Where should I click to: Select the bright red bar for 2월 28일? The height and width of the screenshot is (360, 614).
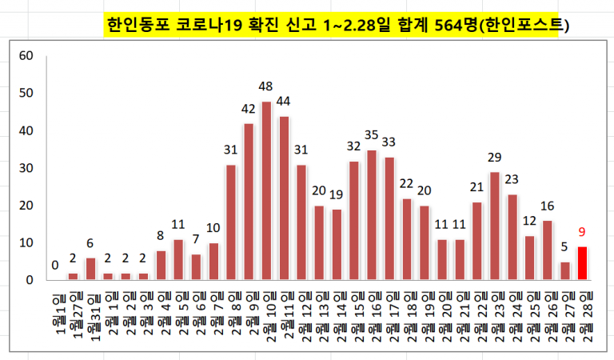[x=582, y=263]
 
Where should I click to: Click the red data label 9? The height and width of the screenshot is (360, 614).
[x=582, y=232]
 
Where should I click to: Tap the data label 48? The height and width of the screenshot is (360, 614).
[x=266, y=86]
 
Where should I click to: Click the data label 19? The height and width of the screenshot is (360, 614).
[x=337, y=194]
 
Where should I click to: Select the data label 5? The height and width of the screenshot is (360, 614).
[x=564, y=247]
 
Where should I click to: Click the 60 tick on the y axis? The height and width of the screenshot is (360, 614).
[x=26, y=56]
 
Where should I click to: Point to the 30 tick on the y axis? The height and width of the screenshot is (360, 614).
[x=26, y=168]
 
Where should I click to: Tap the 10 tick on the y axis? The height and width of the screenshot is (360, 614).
[x=26, y=242]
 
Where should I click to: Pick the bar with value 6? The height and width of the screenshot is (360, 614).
[x=90, y=269]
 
